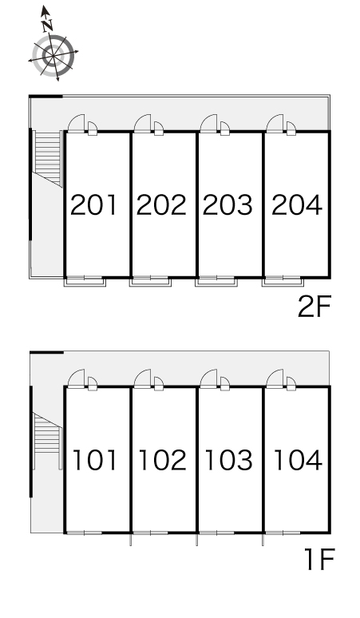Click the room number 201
93,205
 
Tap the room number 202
161,205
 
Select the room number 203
227,205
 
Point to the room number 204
297,205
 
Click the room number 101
95,460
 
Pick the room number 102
162,460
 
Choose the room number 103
228,460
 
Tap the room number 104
298,460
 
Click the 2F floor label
315,307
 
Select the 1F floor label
320,559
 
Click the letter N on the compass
47,26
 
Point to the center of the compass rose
53,56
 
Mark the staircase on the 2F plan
48,158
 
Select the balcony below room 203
216,282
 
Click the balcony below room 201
85,282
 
